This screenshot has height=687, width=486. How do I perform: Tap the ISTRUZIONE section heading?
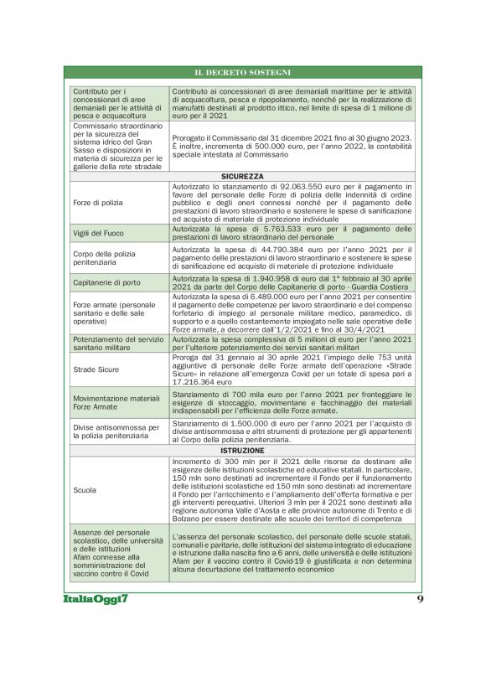click(243, 451)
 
